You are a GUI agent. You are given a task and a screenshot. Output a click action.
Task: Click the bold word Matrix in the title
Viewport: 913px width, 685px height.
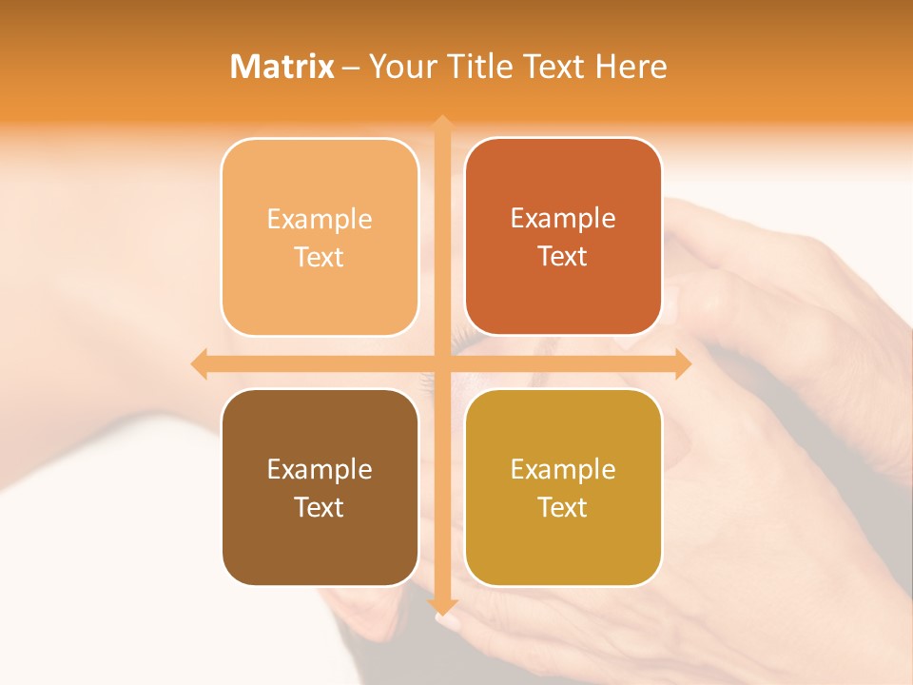point(282,67)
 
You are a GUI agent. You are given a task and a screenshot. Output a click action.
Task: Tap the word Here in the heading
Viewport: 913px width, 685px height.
point(631,67)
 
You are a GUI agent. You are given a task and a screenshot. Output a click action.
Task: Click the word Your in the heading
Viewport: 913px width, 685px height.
point(399,67)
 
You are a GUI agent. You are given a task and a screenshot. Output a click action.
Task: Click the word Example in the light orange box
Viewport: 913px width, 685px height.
point(320,220)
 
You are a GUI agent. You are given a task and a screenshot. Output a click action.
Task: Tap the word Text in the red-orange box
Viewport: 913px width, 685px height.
point(563,257)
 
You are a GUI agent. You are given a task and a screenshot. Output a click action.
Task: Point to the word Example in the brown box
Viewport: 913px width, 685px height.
point(320,470)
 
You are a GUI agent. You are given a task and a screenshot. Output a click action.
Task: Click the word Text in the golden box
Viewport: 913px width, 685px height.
point(563,507)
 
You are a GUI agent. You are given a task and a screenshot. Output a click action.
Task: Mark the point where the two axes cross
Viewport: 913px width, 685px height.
point(442,363)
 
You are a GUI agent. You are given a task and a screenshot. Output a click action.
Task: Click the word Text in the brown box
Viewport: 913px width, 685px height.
point(320,507)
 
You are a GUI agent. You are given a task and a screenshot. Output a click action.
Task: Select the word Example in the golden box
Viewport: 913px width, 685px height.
point(563,470)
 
